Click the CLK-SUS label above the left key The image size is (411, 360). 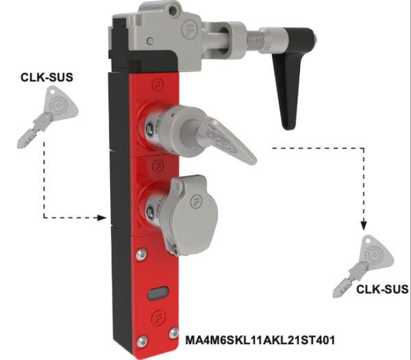point(47,77)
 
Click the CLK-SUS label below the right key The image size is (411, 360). point(382,289)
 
